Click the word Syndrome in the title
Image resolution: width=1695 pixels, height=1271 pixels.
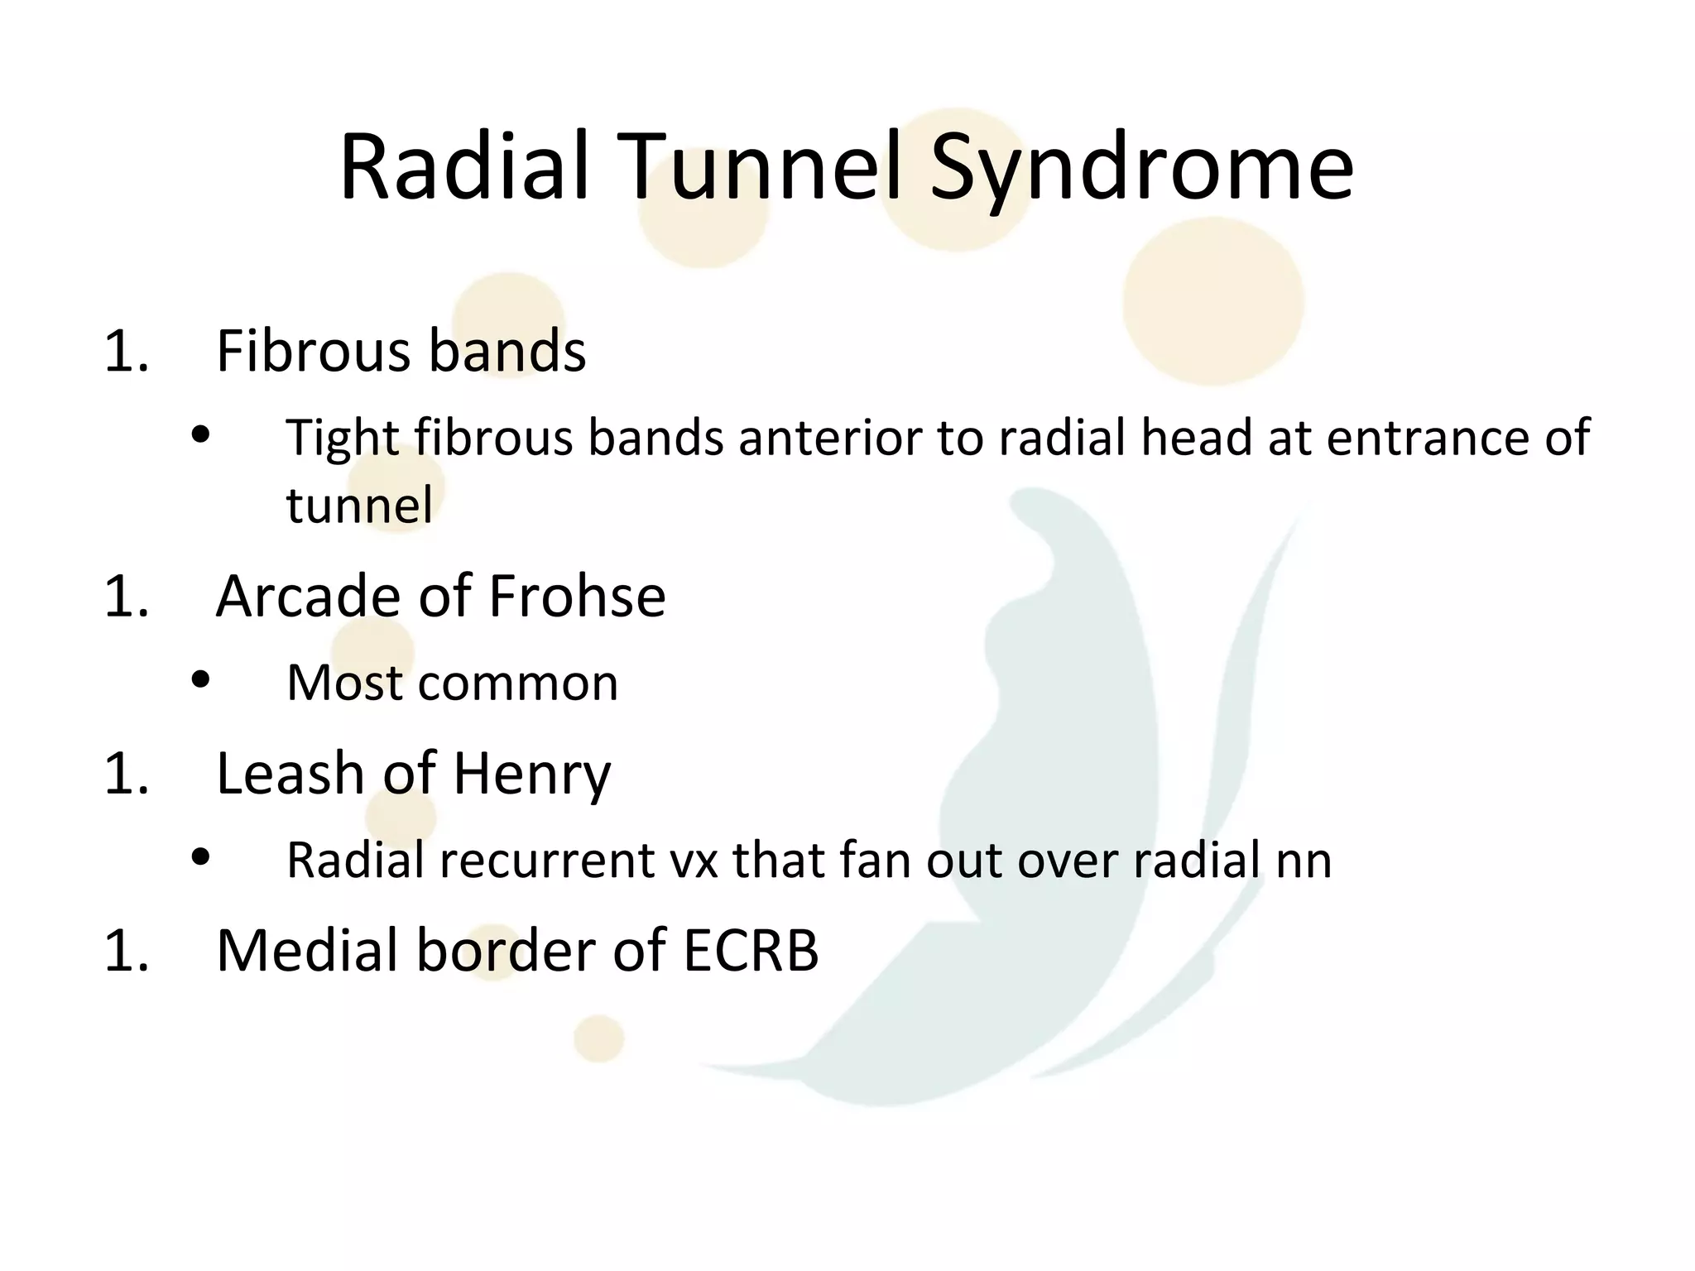(x=1141, y=170)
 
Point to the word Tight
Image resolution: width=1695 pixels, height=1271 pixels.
(x=343, y=439)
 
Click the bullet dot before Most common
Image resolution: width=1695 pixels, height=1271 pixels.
(x=200, y=681)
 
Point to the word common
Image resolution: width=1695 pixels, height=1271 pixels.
(x=518, y=683)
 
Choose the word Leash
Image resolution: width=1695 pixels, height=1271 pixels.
(x=290, y=774)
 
